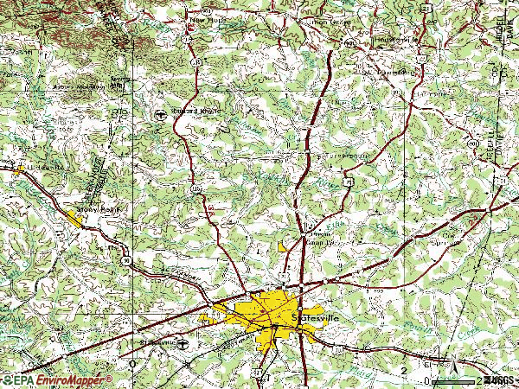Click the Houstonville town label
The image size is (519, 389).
pyautogui.click(x=396, y=40)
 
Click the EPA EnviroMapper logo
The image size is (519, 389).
pyautogui.click(x=57, y=379)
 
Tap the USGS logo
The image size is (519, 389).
pyautogui.click(x=499, y=379)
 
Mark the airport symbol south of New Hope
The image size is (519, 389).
pyautogui.click(x=160, y=114)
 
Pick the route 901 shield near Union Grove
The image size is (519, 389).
pyautogui.click(x=349, y=41)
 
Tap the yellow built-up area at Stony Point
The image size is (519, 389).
pyautogui.click(x=76, y=216)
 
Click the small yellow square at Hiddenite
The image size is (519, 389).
pyautogui.click(x=17, y=169)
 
